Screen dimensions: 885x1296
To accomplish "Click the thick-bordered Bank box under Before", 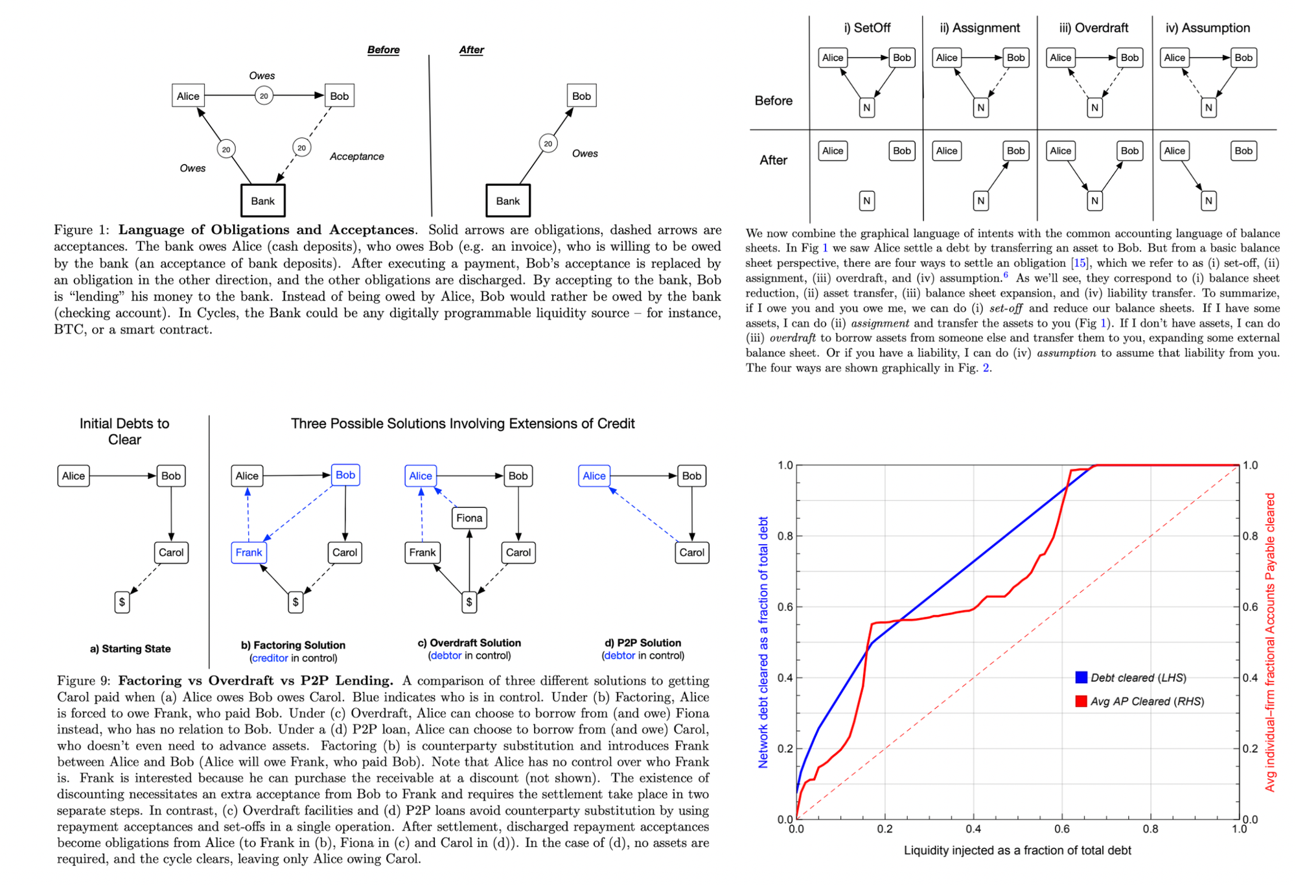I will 262,201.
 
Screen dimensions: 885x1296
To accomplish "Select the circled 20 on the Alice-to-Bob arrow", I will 264,96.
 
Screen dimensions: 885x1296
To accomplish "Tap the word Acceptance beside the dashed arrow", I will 356,156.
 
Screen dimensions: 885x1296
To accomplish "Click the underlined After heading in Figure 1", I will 471,50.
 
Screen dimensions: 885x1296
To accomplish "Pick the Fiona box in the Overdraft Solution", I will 469,518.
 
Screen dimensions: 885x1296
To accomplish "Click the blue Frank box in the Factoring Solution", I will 249,553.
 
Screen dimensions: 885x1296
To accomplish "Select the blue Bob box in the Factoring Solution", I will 345,475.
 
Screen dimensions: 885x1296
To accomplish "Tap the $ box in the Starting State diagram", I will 122,602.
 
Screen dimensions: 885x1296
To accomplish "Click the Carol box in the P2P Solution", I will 692,553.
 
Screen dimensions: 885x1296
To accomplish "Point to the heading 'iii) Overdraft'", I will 1094,28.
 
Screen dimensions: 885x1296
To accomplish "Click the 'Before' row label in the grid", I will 774,100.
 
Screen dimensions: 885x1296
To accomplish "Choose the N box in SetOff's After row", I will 867,201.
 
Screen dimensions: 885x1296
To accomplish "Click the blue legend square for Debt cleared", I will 1081,677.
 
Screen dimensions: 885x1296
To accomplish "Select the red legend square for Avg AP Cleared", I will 1081,701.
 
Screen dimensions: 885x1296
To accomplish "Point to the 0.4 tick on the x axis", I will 973,829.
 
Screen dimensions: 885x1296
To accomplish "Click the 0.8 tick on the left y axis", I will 785,536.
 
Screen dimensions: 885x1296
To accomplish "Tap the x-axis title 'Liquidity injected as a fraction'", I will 1017,850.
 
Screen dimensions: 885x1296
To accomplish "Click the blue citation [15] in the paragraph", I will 1080,263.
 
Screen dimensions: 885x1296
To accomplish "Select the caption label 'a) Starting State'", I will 130,649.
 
